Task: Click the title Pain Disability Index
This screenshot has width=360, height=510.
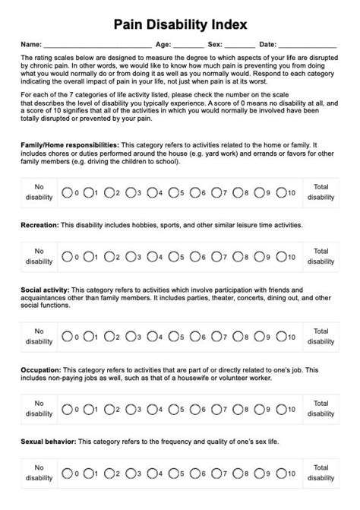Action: pos(180,24)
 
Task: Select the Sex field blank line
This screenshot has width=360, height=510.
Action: pos(240,46)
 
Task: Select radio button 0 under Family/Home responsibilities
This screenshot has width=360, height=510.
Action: pos(66,192)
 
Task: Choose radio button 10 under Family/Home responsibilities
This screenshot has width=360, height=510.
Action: pos(281,192)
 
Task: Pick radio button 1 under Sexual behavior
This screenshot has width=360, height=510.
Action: pos(87,472)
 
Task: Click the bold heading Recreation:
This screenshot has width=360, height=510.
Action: pos(40,225)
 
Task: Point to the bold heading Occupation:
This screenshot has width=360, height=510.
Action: pos(42,369)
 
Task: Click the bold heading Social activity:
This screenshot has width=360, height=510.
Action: pos(46,290)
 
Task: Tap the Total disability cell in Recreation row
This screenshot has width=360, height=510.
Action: pos(321,256)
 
